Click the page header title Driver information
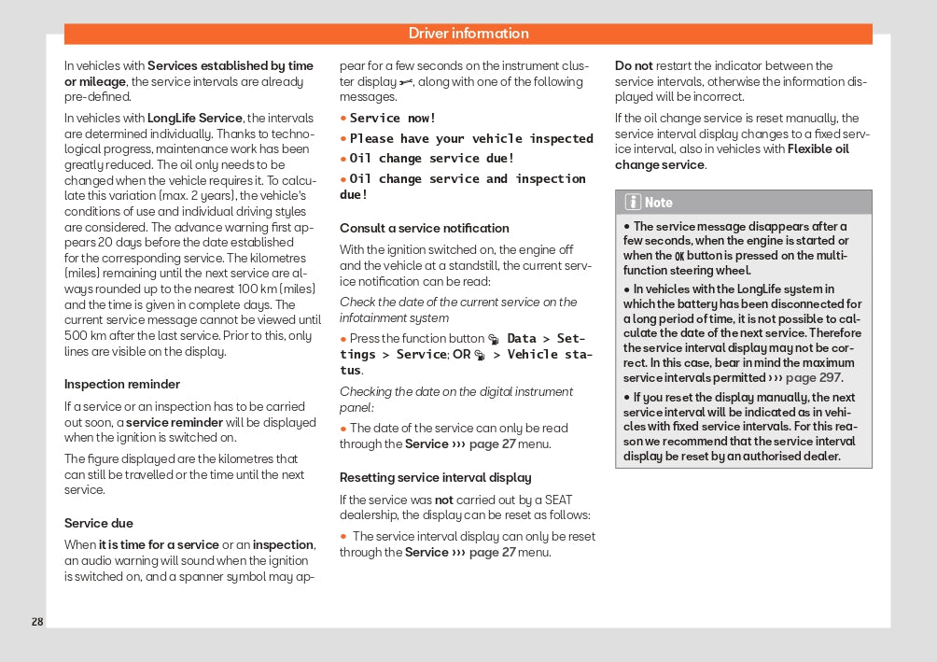[468, 34]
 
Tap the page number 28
[37, 622]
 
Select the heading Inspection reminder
[122, 384]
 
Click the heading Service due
[99, 523]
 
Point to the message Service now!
[393, 118]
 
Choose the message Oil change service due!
[432, 158]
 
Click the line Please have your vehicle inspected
[471, 138]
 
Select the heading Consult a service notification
[425, 228]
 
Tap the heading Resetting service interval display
[436, 477]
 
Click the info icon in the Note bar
[633, 202]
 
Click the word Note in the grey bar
[659, 202]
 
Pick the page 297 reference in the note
[814, 378]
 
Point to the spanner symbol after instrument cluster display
[406, 82]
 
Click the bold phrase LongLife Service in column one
[195, 118]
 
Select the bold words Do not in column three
[634, 65]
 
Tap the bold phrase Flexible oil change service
[732, 157]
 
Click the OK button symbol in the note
[679, 256]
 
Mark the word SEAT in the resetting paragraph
[558, 500]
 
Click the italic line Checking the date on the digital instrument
[456, 391]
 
